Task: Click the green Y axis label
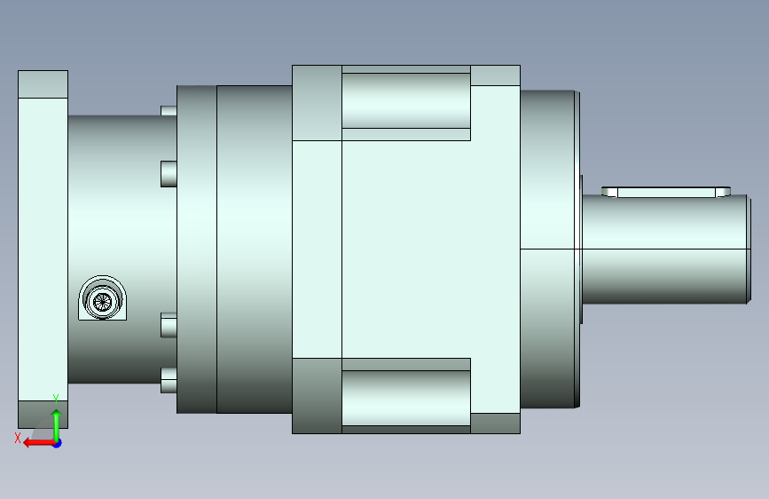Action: (56, 399)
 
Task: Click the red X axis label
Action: (18, 438)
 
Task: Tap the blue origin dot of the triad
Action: (57, 443)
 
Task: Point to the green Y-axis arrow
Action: (57, 424)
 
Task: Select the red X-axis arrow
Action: (39, 443)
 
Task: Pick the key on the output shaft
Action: (666, 192)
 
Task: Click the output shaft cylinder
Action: (664, 249)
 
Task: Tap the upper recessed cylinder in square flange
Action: (406, 100)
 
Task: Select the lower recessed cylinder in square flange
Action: (406, 398)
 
